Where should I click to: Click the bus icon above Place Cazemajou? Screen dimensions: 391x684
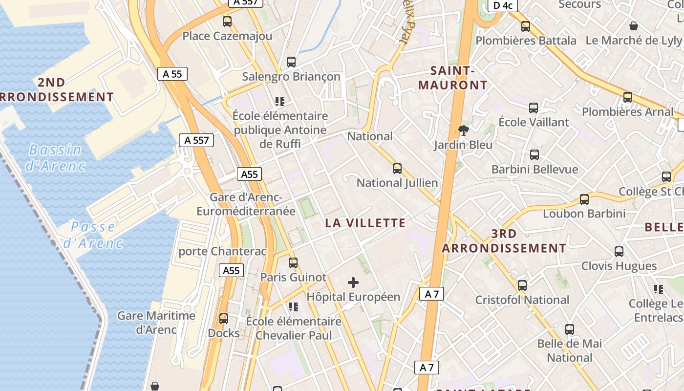[227, 22]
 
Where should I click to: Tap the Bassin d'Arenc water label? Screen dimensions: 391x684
[55, 157]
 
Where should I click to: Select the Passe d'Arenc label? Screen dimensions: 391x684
[92, 235]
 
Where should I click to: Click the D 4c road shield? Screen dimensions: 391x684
[503, 5]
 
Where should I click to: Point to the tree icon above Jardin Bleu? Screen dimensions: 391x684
[463, 130]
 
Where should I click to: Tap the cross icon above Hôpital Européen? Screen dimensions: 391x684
[353, 282]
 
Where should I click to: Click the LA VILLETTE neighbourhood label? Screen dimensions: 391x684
[365, 223]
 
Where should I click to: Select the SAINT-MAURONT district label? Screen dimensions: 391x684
[453, 78]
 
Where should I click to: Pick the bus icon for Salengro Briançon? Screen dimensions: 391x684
[291, 62]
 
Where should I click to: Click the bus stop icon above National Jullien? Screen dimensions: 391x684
[397, 169]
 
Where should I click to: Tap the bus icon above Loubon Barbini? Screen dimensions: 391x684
[584, 199]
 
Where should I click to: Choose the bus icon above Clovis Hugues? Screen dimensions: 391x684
[619, 252]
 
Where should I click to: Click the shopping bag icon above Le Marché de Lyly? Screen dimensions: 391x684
[634, 26]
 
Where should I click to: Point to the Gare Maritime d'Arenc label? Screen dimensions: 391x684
[156, 323]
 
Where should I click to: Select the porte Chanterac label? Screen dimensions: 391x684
[222, 252]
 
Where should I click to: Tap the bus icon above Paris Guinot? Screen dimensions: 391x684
[293, 263]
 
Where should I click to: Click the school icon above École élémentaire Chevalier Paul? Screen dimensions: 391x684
[294, 307]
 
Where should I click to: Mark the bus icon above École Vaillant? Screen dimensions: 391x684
[534, 108]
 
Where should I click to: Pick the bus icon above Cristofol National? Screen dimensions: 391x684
[522, 285]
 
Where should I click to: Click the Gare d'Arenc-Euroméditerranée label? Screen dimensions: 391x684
[246, 204]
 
